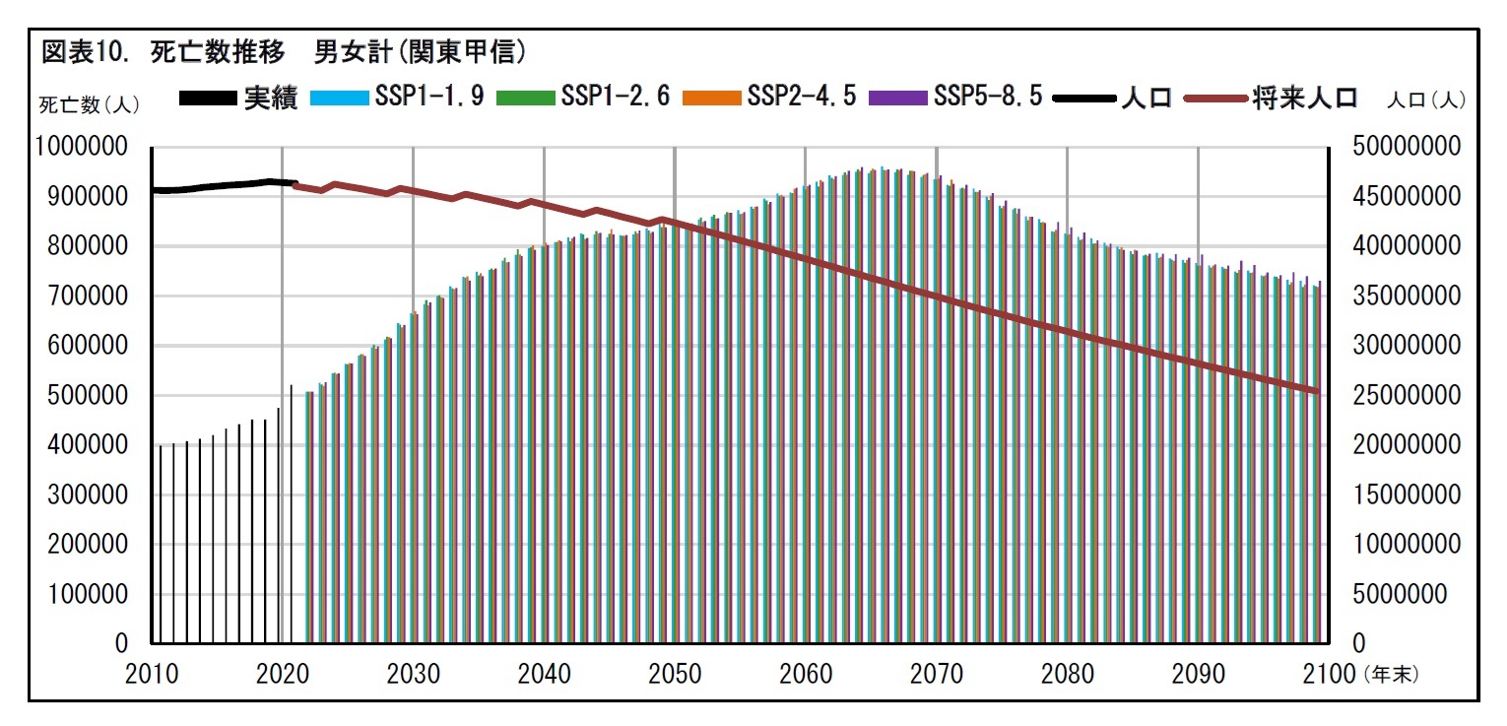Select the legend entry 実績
point(238,99)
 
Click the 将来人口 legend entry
point(1271,99)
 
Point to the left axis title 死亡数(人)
point(90,102)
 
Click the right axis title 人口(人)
point(1426,99)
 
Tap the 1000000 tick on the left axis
point(83,147)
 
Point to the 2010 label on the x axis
point(153,674)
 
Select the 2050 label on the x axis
point(675,674)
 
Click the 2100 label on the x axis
point(1330,674)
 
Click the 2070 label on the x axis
point(937,674)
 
